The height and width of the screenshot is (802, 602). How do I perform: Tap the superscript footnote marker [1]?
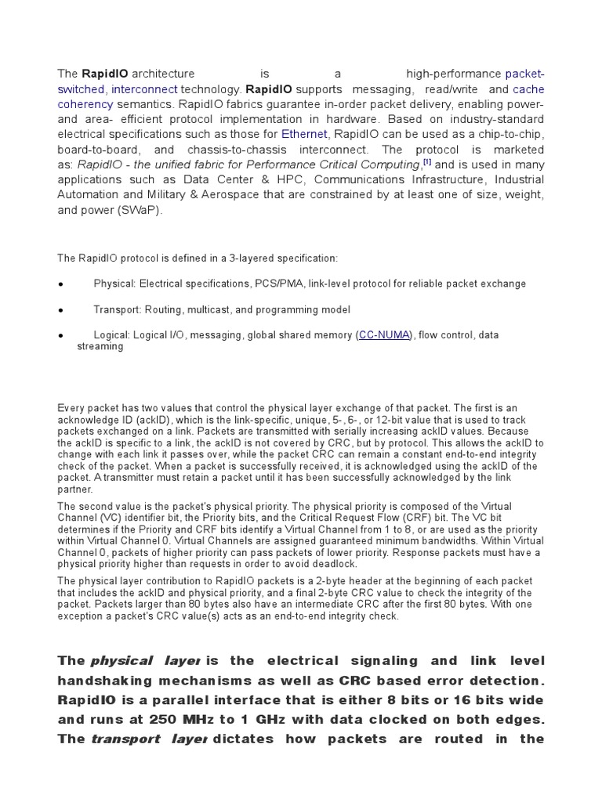pyautogui.click(x=427, y=162)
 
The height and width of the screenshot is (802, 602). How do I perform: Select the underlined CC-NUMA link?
pyautogui.click(x=384, y=335)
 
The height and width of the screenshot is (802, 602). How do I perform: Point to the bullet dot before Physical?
pyautogui.click(x=60, y=284)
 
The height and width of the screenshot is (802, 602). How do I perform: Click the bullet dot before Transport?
pyautogui.click(x=60, y=310)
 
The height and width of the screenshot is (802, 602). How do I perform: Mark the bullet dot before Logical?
pyautogui.click(x=60, y=336)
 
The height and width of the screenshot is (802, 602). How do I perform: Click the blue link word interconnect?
pyautogui.click(x=145, y=89)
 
